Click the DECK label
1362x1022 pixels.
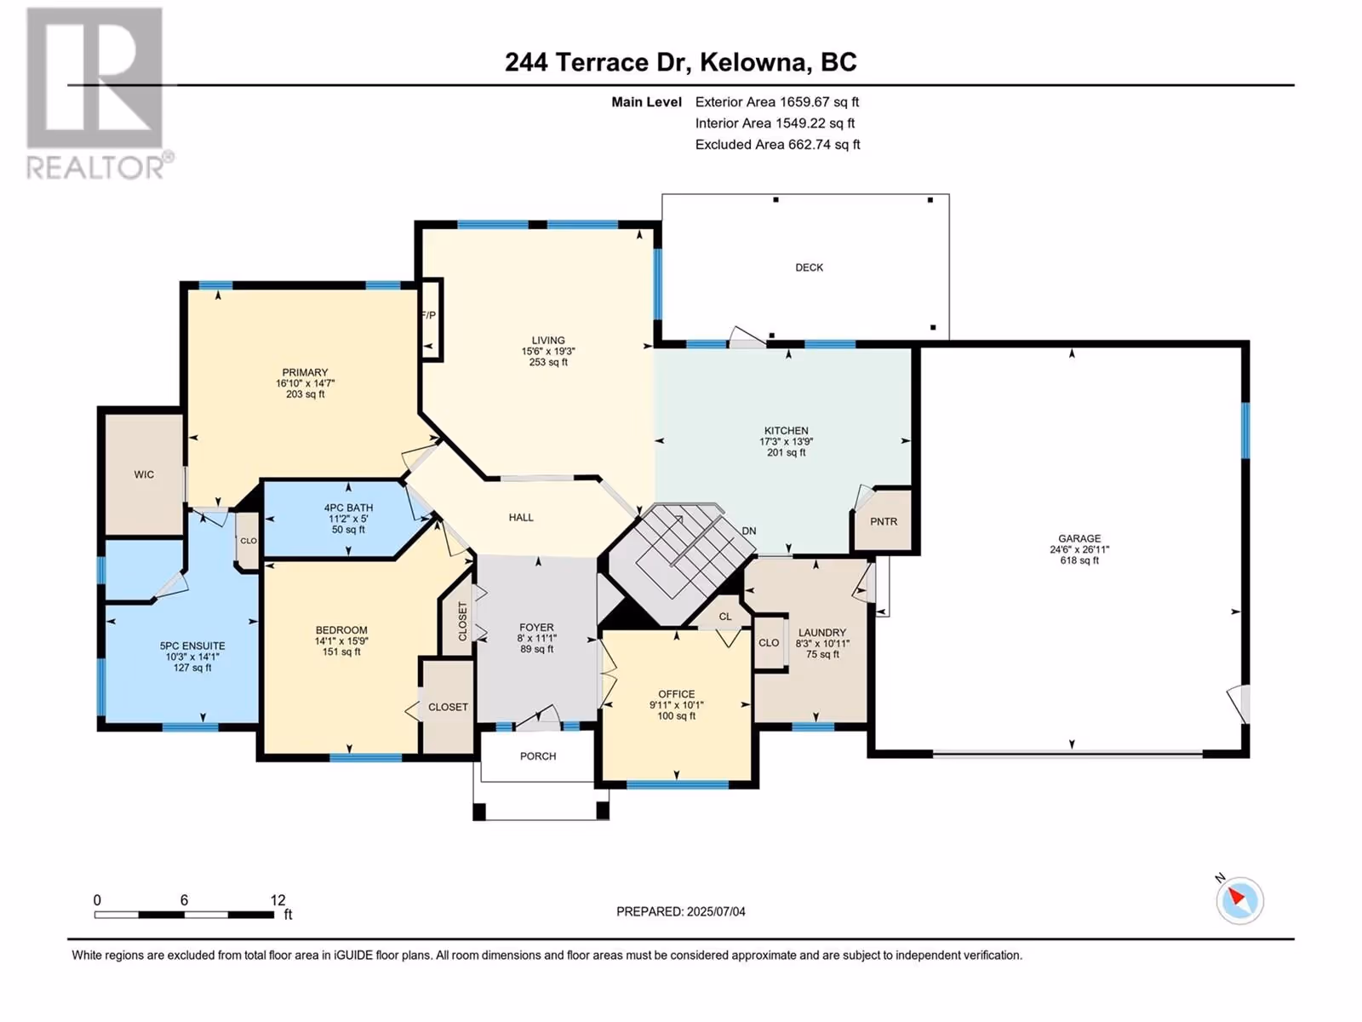click(x=810, y=267)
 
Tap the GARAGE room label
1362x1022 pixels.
click(x=1079, y=538)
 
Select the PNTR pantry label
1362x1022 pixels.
click(x=884, y=522)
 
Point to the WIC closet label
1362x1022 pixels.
click(x=144, y=474)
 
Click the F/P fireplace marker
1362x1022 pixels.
click(x=429, y=315)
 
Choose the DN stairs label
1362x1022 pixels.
click(x=749, y=531)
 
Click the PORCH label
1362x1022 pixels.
click(x=538, y=756)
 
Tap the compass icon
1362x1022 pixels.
click(x=1239, y=900)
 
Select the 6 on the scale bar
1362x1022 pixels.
click(x=184, y=899)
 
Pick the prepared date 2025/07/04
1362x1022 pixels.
click(x=716, y=911)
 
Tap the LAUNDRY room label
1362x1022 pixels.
click(x=822, y=633)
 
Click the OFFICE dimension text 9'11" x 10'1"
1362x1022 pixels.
click(x=677, y=705)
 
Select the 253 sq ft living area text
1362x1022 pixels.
click(x=548, y=363)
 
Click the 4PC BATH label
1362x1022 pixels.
click(x=348, y=508)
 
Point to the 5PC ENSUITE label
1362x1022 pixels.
click(x=192, y=646)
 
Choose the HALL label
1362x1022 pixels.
click(x=521, y=518)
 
